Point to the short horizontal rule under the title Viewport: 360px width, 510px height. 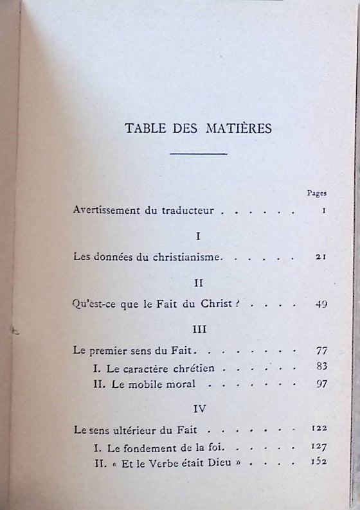tap(198, 154)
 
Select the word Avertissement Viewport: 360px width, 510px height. tap(105, 210)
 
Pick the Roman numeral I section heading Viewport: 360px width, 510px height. tap(198, 236)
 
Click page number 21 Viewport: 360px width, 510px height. tap(322, 257)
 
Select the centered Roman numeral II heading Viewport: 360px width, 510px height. tap(198, 282)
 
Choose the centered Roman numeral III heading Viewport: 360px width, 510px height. tap(198, 330)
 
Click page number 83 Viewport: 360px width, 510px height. tap(322, 367)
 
